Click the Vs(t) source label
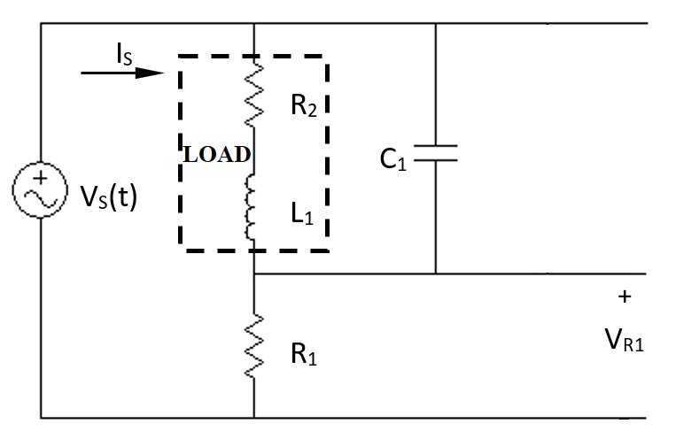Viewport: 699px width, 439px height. pos(109,196)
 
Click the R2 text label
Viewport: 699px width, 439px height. pos(304,107)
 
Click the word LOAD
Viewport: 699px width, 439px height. pos(216,154)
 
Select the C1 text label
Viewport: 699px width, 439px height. pos(392,159)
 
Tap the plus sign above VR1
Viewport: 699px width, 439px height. pos(625,297)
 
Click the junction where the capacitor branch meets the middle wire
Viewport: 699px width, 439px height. pos(436,273)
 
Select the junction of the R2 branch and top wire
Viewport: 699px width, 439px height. pos(254,23)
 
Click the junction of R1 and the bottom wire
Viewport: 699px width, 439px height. pos(254,417)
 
